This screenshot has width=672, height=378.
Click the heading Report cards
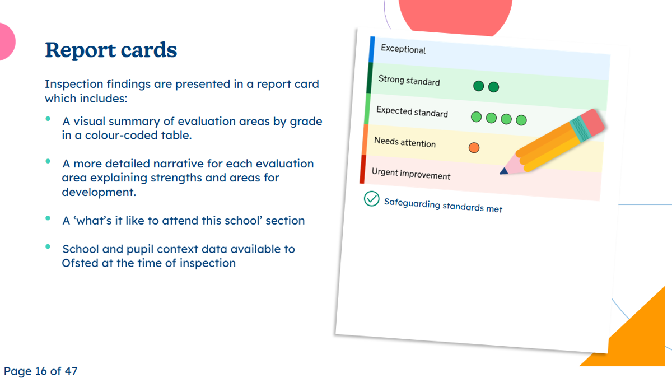(x=111, y=50)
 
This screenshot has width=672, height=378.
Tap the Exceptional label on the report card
(x=403, y=49)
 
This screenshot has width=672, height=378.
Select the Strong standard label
(x=409, y=81)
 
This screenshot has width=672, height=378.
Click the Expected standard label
(x=412, y=111)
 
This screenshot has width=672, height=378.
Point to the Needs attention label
(x=405, y=142)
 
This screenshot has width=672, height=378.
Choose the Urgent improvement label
(x=411, y=174)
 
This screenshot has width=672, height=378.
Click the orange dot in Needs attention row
(x=474, y=148)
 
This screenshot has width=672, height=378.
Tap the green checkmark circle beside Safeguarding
(x=371, y=199)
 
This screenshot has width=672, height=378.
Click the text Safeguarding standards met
(x=443, y=206)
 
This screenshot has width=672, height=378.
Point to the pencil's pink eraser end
(x=592, y=122)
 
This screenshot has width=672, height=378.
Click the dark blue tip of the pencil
(x=503, y=171)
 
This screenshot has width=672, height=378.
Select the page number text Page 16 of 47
(x=40, y=371)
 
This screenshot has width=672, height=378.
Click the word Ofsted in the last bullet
(x=80, y=263)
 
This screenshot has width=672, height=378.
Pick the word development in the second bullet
(x=99, y=192)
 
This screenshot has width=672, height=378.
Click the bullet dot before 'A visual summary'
(x=48, y=119)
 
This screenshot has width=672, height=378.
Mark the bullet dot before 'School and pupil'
(x=48, y=246)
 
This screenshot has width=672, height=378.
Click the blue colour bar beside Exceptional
(x=372, y=49)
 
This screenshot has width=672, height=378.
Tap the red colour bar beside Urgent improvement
(x=363, y=169)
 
